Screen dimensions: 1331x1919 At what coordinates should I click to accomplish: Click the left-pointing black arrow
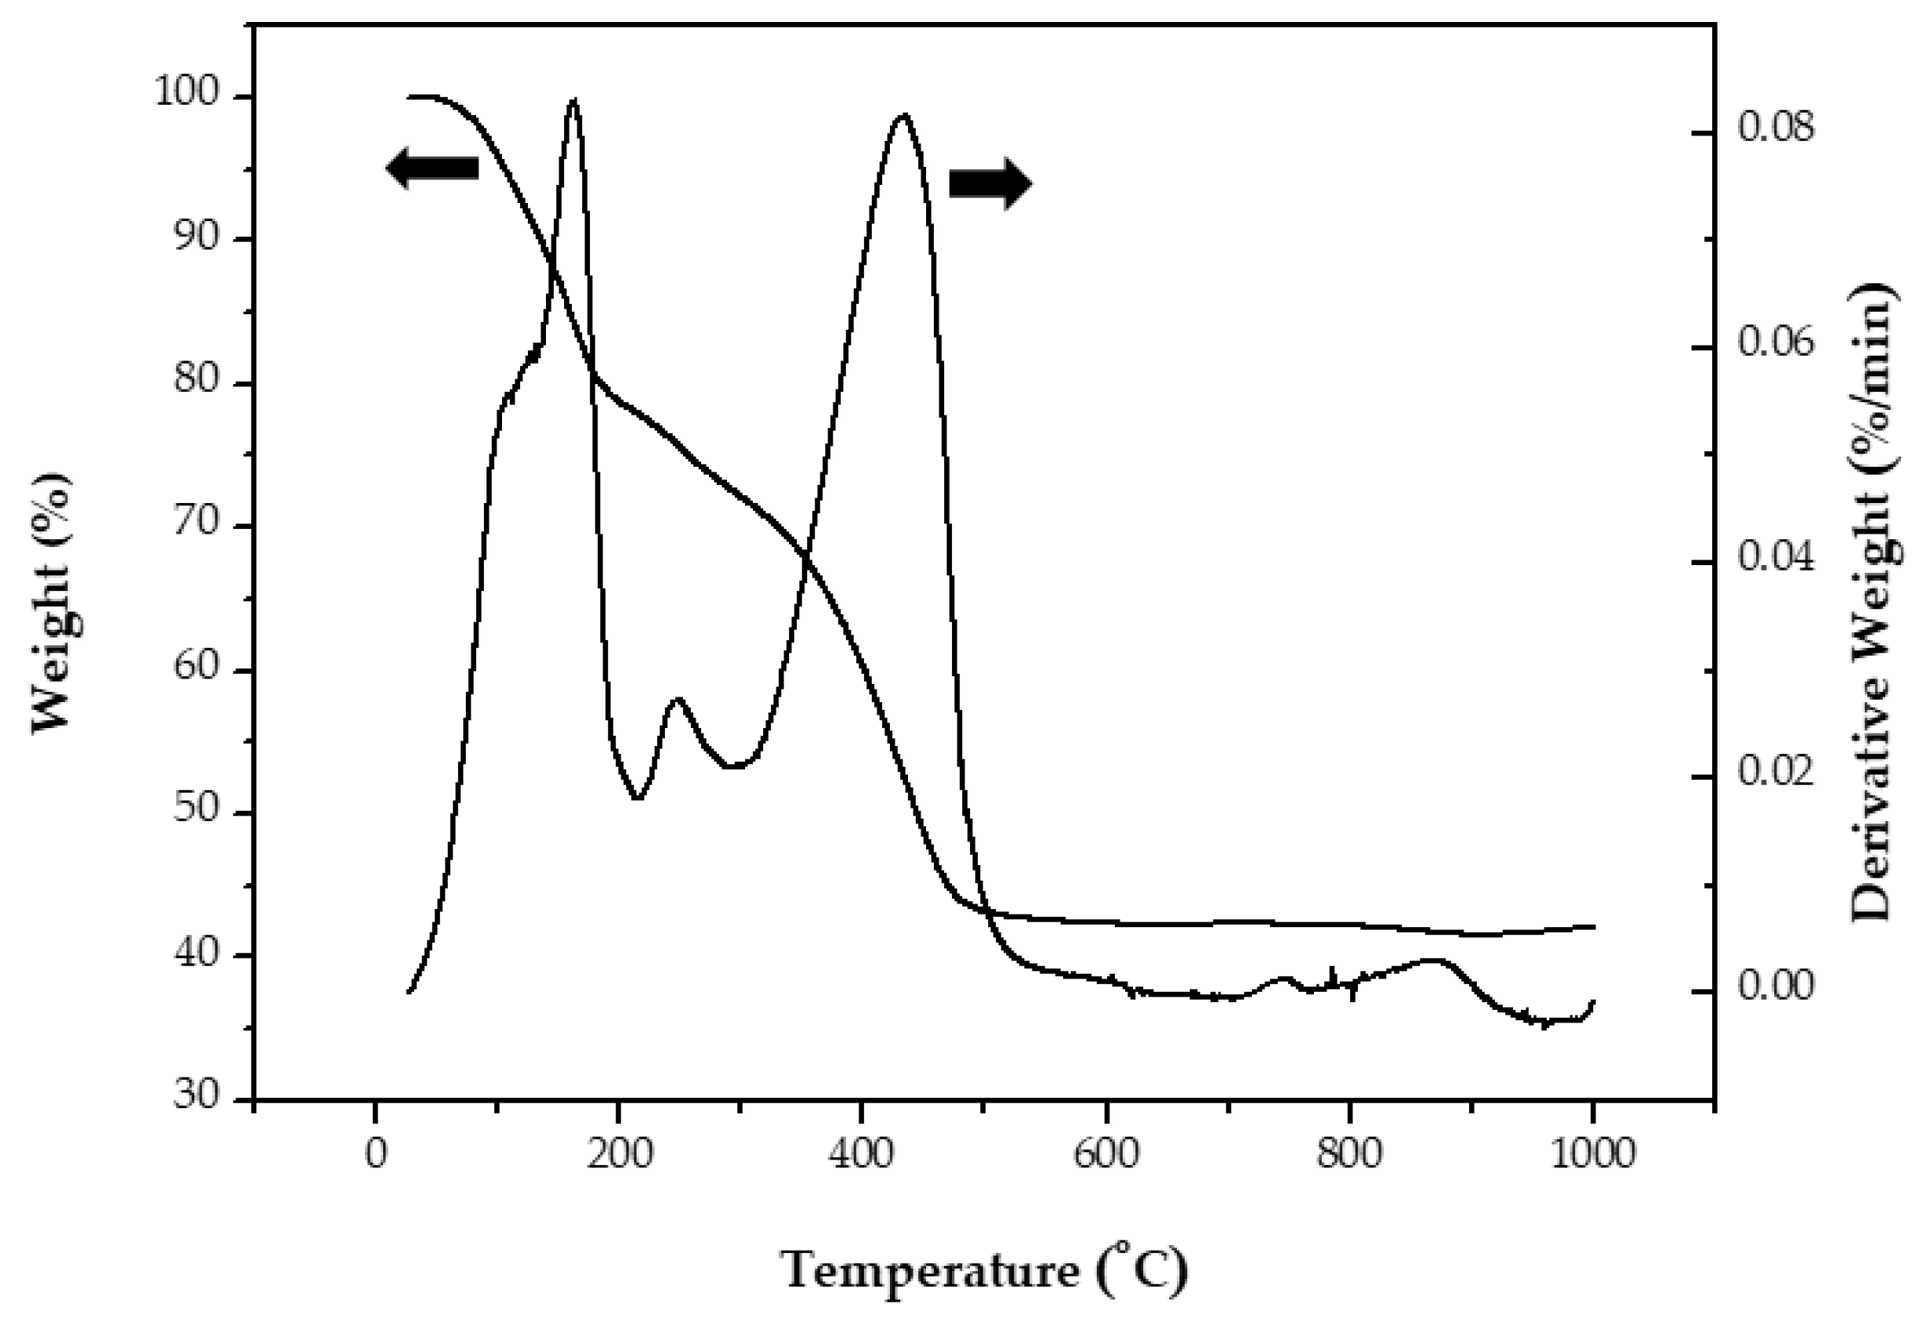tap(432, 168)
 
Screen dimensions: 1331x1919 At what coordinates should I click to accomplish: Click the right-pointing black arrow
tap(991, 183)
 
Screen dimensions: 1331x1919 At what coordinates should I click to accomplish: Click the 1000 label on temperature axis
tap(1592, 1155)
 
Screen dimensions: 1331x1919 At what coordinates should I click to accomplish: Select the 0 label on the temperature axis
tap(376, 1155)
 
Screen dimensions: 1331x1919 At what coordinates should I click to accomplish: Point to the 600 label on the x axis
tap(1106, 1155)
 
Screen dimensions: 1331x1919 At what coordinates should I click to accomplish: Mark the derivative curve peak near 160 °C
tap(573, 100)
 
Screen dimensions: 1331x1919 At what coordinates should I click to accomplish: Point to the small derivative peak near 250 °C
tap(677, 699)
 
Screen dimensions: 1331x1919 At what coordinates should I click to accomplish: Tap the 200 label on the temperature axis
tap(618, 1155)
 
